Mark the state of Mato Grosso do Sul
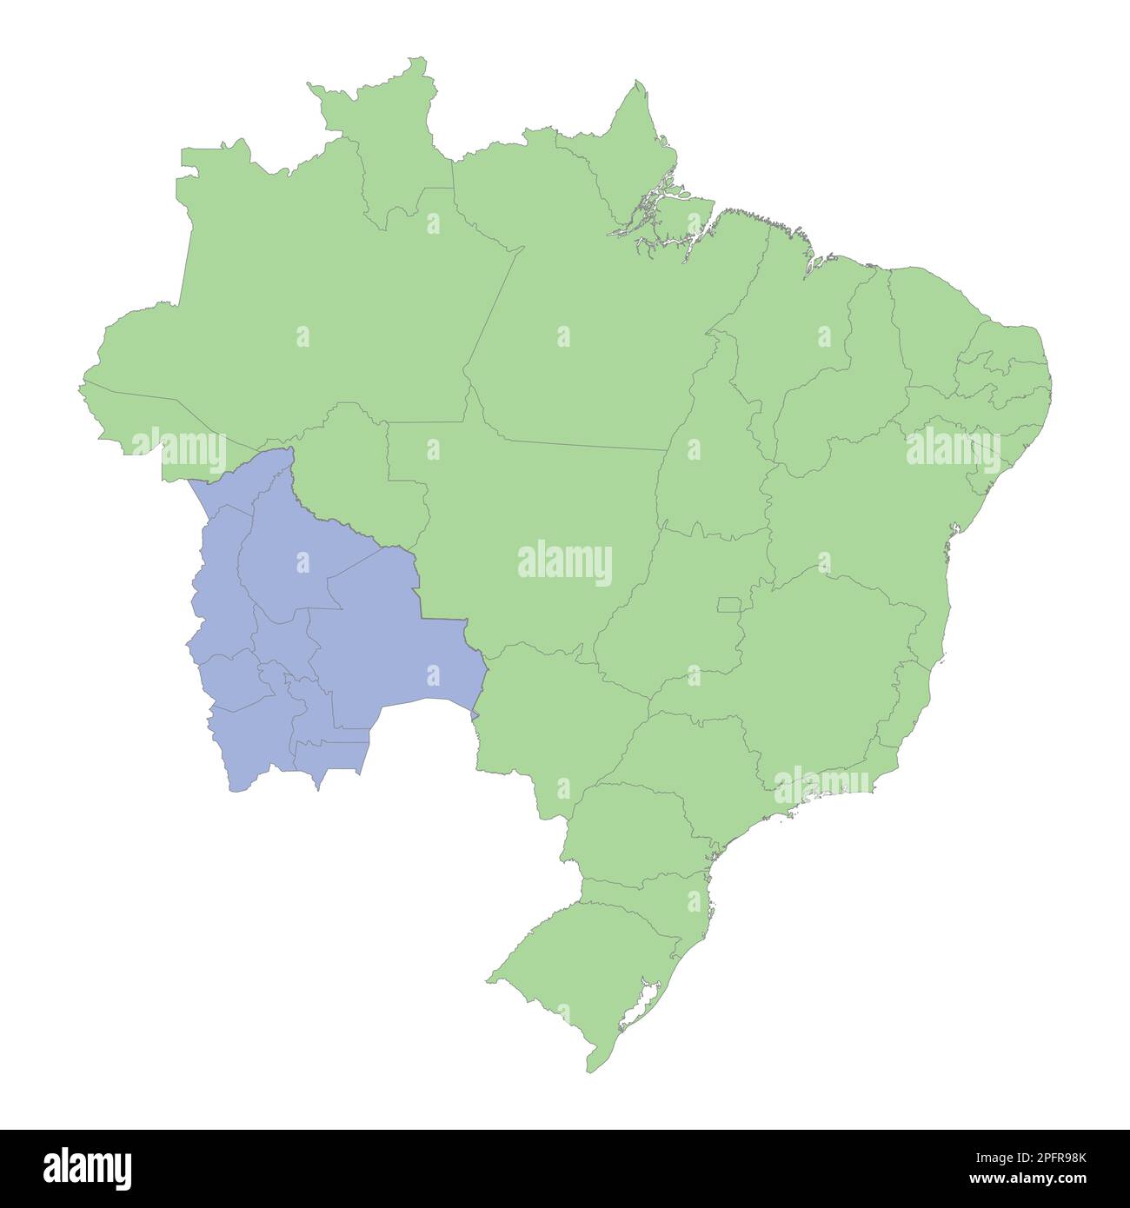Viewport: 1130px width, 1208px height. [539, 721]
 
